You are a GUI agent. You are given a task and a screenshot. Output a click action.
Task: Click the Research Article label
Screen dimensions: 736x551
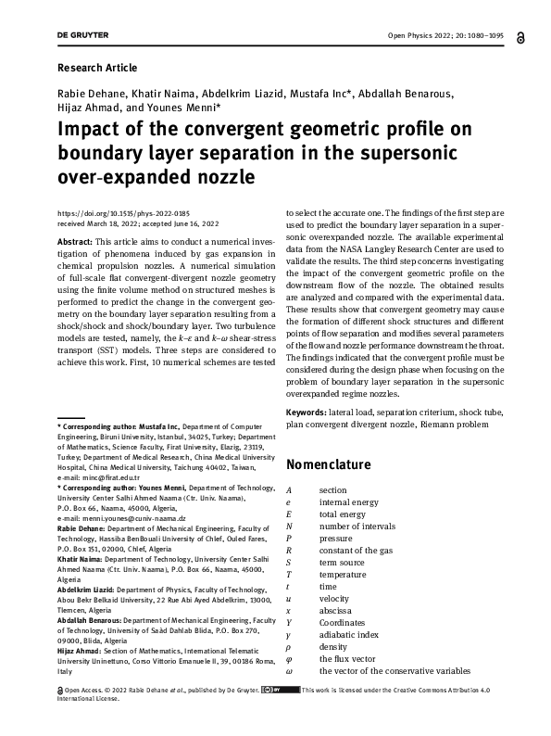(x=97, y=68)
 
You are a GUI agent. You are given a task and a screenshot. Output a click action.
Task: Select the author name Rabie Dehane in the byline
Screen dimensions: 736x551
(x=94, y=95)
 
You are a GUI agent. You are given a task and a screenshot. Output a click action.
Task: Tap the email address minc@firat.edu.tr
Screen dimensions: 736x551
(x=103, y=478)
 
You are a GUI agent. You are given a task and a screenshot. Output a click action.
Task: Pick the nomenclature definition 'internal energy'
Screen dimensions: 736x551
(x=348, y=501)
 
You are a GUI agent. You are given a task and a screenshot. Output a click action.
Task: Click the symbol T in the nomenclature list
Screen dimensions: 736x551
(x=289, y=574)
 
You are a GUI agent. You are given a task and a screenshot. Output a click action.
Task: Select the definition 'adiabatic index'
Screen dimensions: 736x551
(x=348, y=634)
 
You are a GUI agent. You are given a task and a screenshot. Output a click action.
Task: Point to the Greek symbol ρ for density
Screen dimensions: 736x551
(x=289, y=646)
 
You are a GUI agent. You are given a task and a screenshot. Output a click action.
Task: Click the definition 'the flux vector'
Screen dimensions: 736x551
(x=348, y=658)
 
